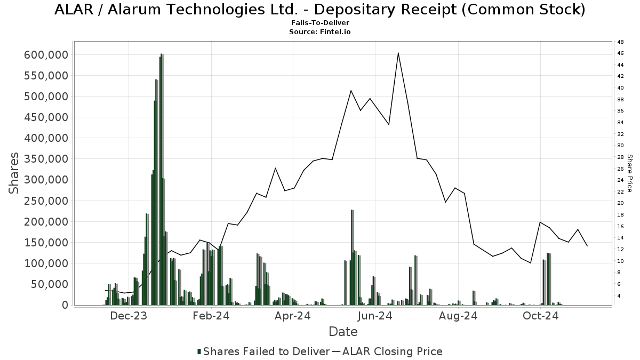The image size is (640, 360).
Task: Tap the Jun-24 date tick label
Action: [x=375, y=316]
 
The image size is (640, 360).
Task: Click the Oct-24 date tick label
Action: [x=540, y=316]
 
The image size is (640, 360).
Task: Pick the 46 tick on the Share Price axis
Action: [x=621, y=53]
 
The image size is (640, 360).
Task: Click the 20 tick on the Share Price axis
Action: [x=621, y=203]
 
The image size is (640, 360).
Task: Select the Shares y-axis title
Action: [x=14, y=173]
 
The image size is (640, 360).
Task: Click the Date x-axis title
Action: [x=343, y=332]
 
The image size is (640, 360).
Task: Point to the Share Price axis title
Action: [x=630, y=173]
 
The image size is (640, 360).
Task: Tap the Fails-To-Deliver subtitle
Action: [x=320, y=23]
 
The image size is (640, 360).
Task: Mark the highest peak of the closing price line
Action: [x=398, y=53]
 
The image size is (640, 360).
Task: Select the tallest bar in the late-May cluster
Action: [x=352, y=210]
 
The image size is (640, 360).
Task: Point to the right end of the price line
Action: [x=587, y=246]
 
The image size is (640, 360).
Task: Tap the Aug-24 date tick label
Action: [x=458, y=316]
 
